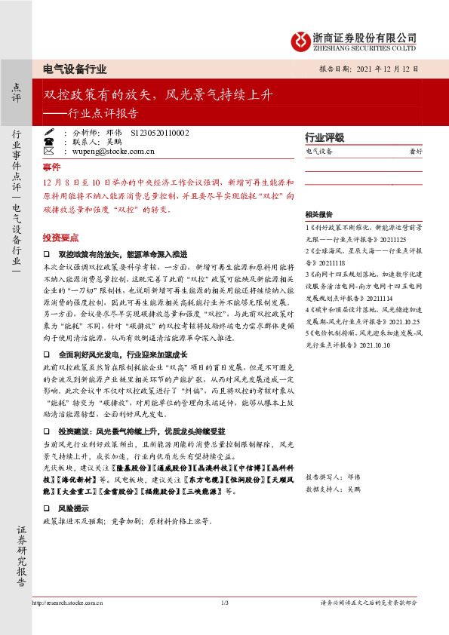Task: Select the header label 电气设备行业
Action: tap(75, 68)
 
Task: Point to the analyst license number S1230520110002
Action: tap(160, 132)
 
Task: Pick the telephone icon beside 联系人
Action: tap(49, 141)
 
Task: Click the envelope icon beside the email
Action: tap(49, 151)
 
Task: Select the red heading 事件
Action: tap(51, 167)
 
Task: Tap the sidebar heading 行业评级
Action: tap(324, 138)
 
